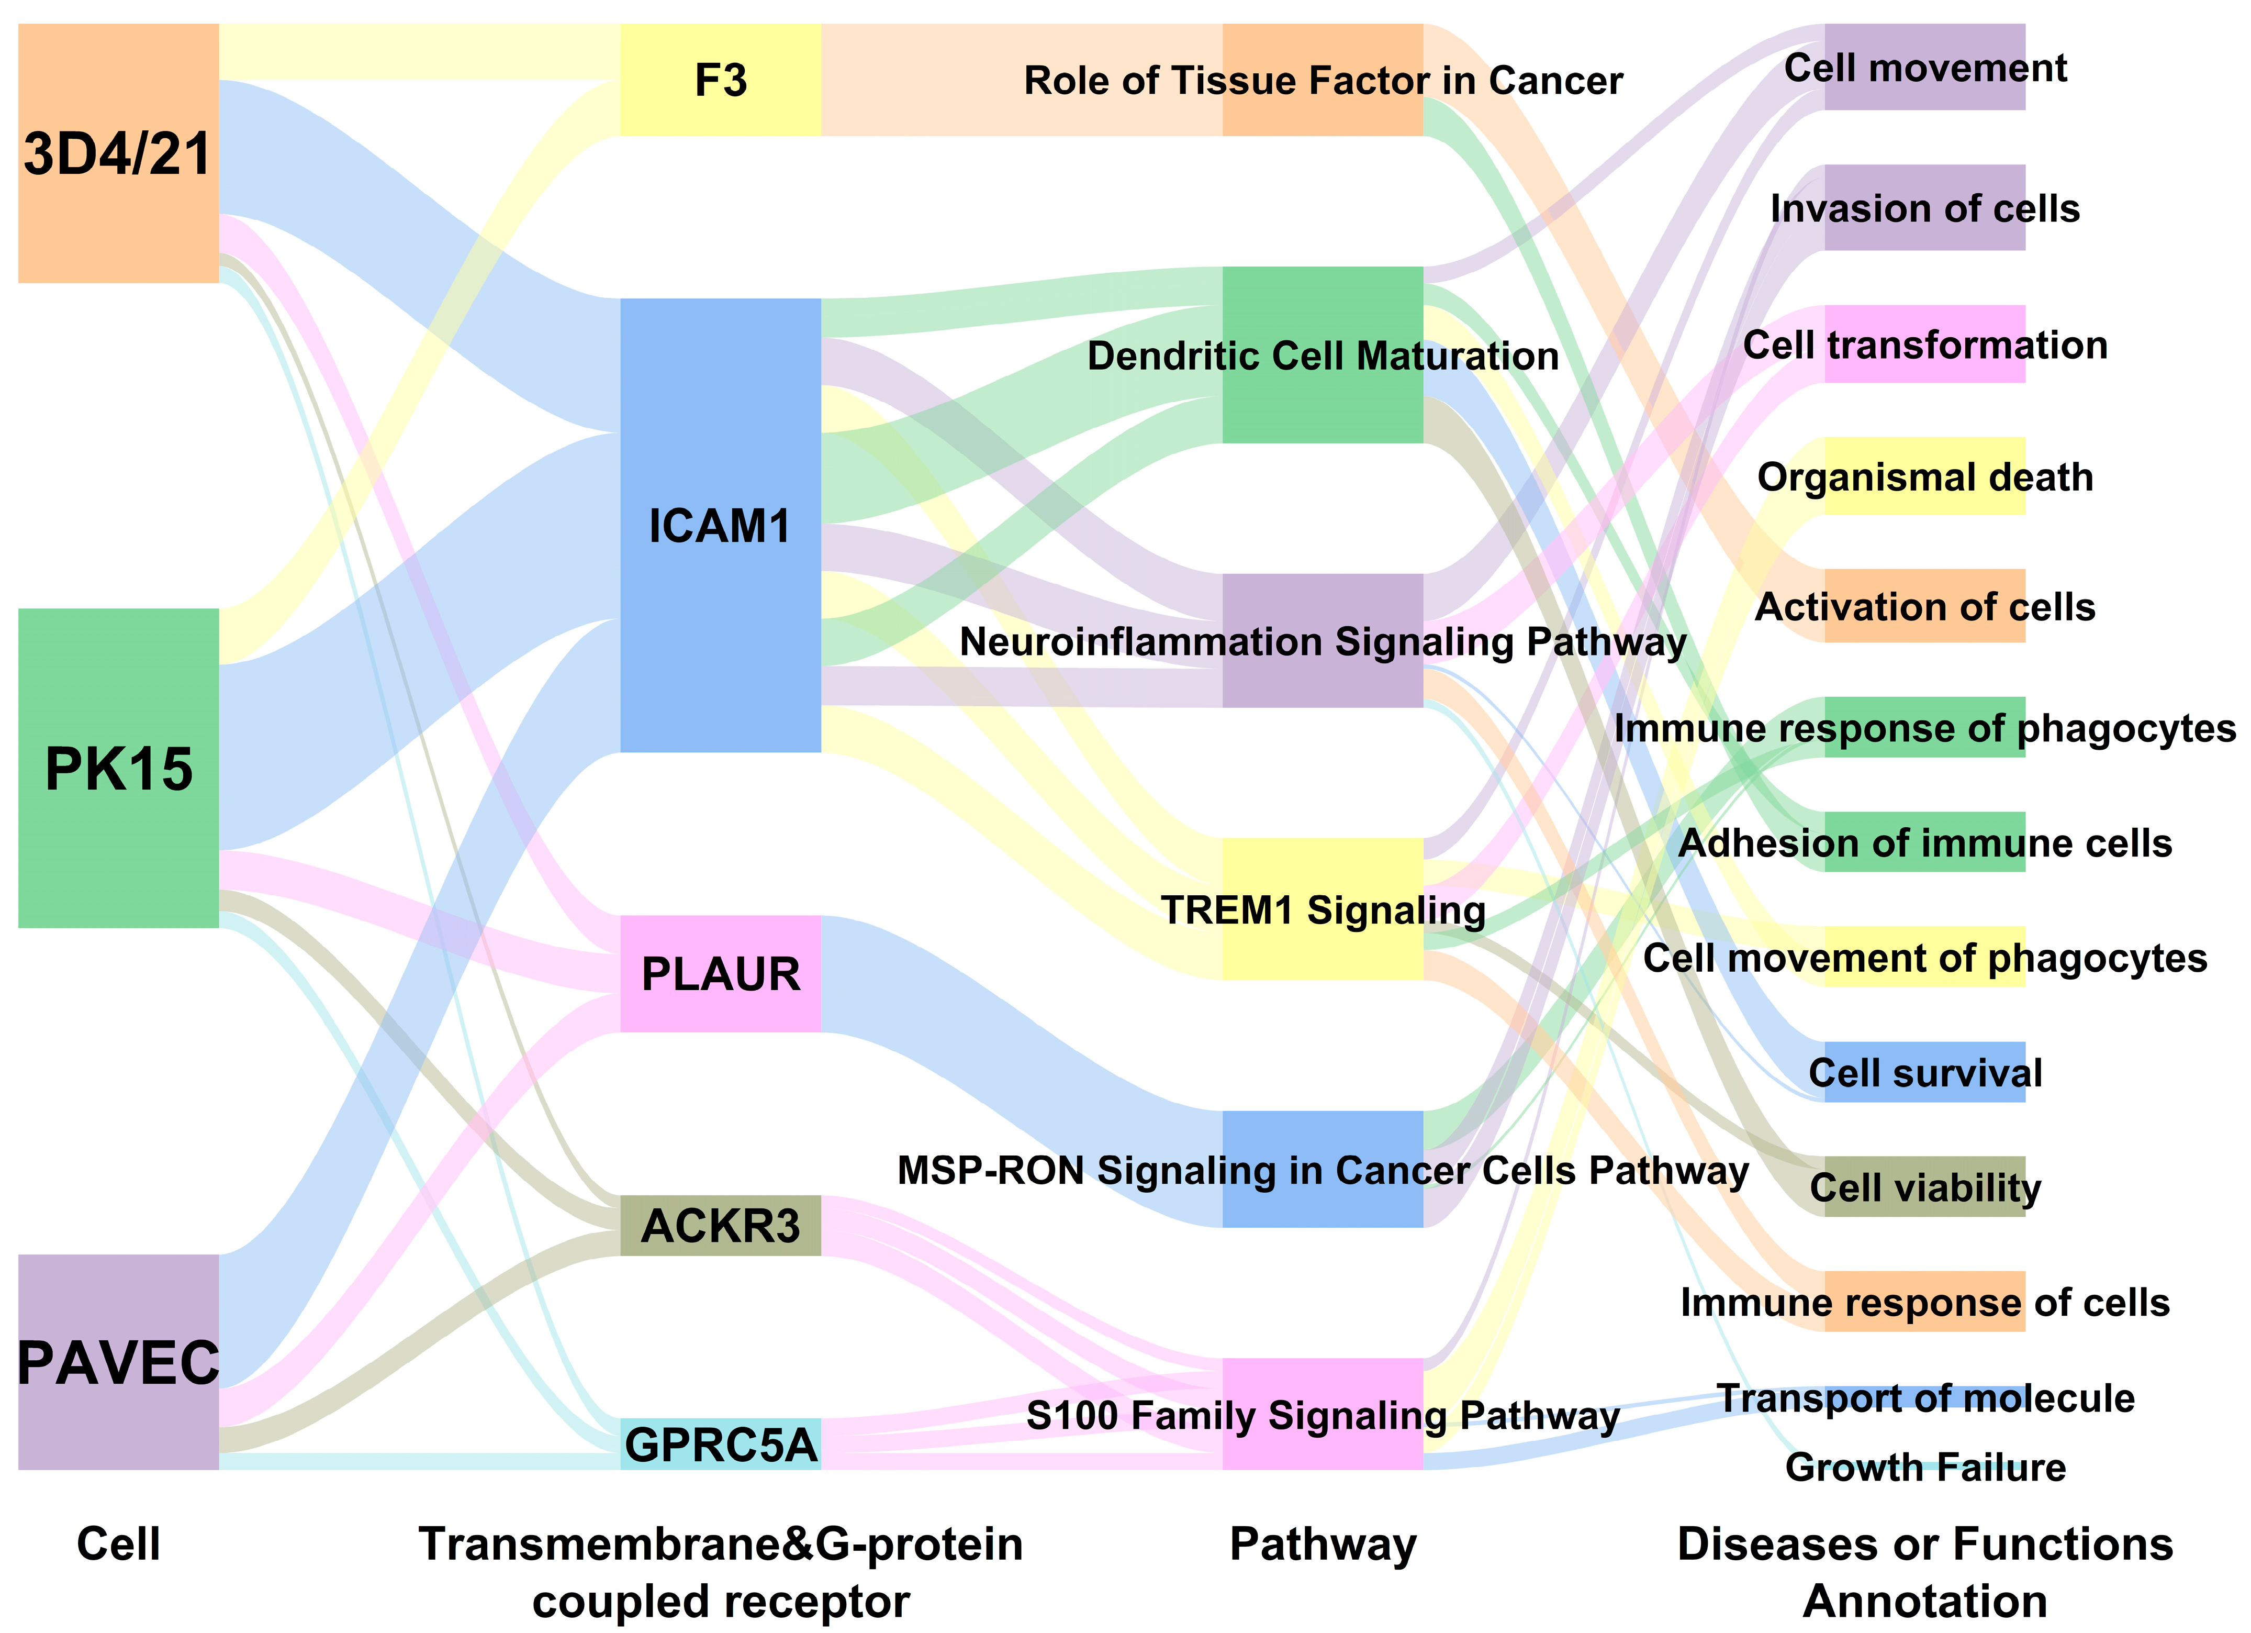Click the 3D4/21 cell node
[118, 154]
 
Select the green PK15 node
[118, 769]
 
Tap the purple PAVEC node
[118, 1362]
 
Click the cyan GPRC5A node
[721, 1445]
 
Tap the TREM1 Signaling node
[1323, 909]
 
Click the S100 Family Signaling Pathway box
[1323, 1415]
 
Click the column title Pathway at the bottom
[1323, 1545]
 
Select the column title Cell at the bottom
[118, 1545]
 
